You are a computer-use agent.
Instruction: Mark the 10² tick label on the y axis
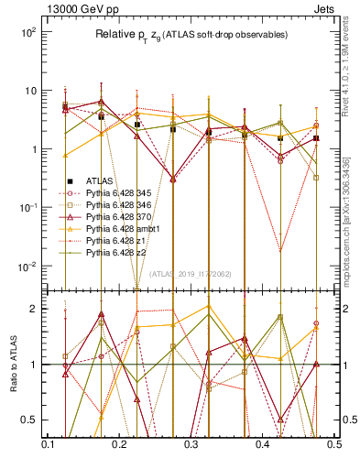click(x=27, y=32)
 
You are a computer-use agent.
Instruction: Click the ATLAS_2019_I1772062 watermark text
click(x=190, y=274)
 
